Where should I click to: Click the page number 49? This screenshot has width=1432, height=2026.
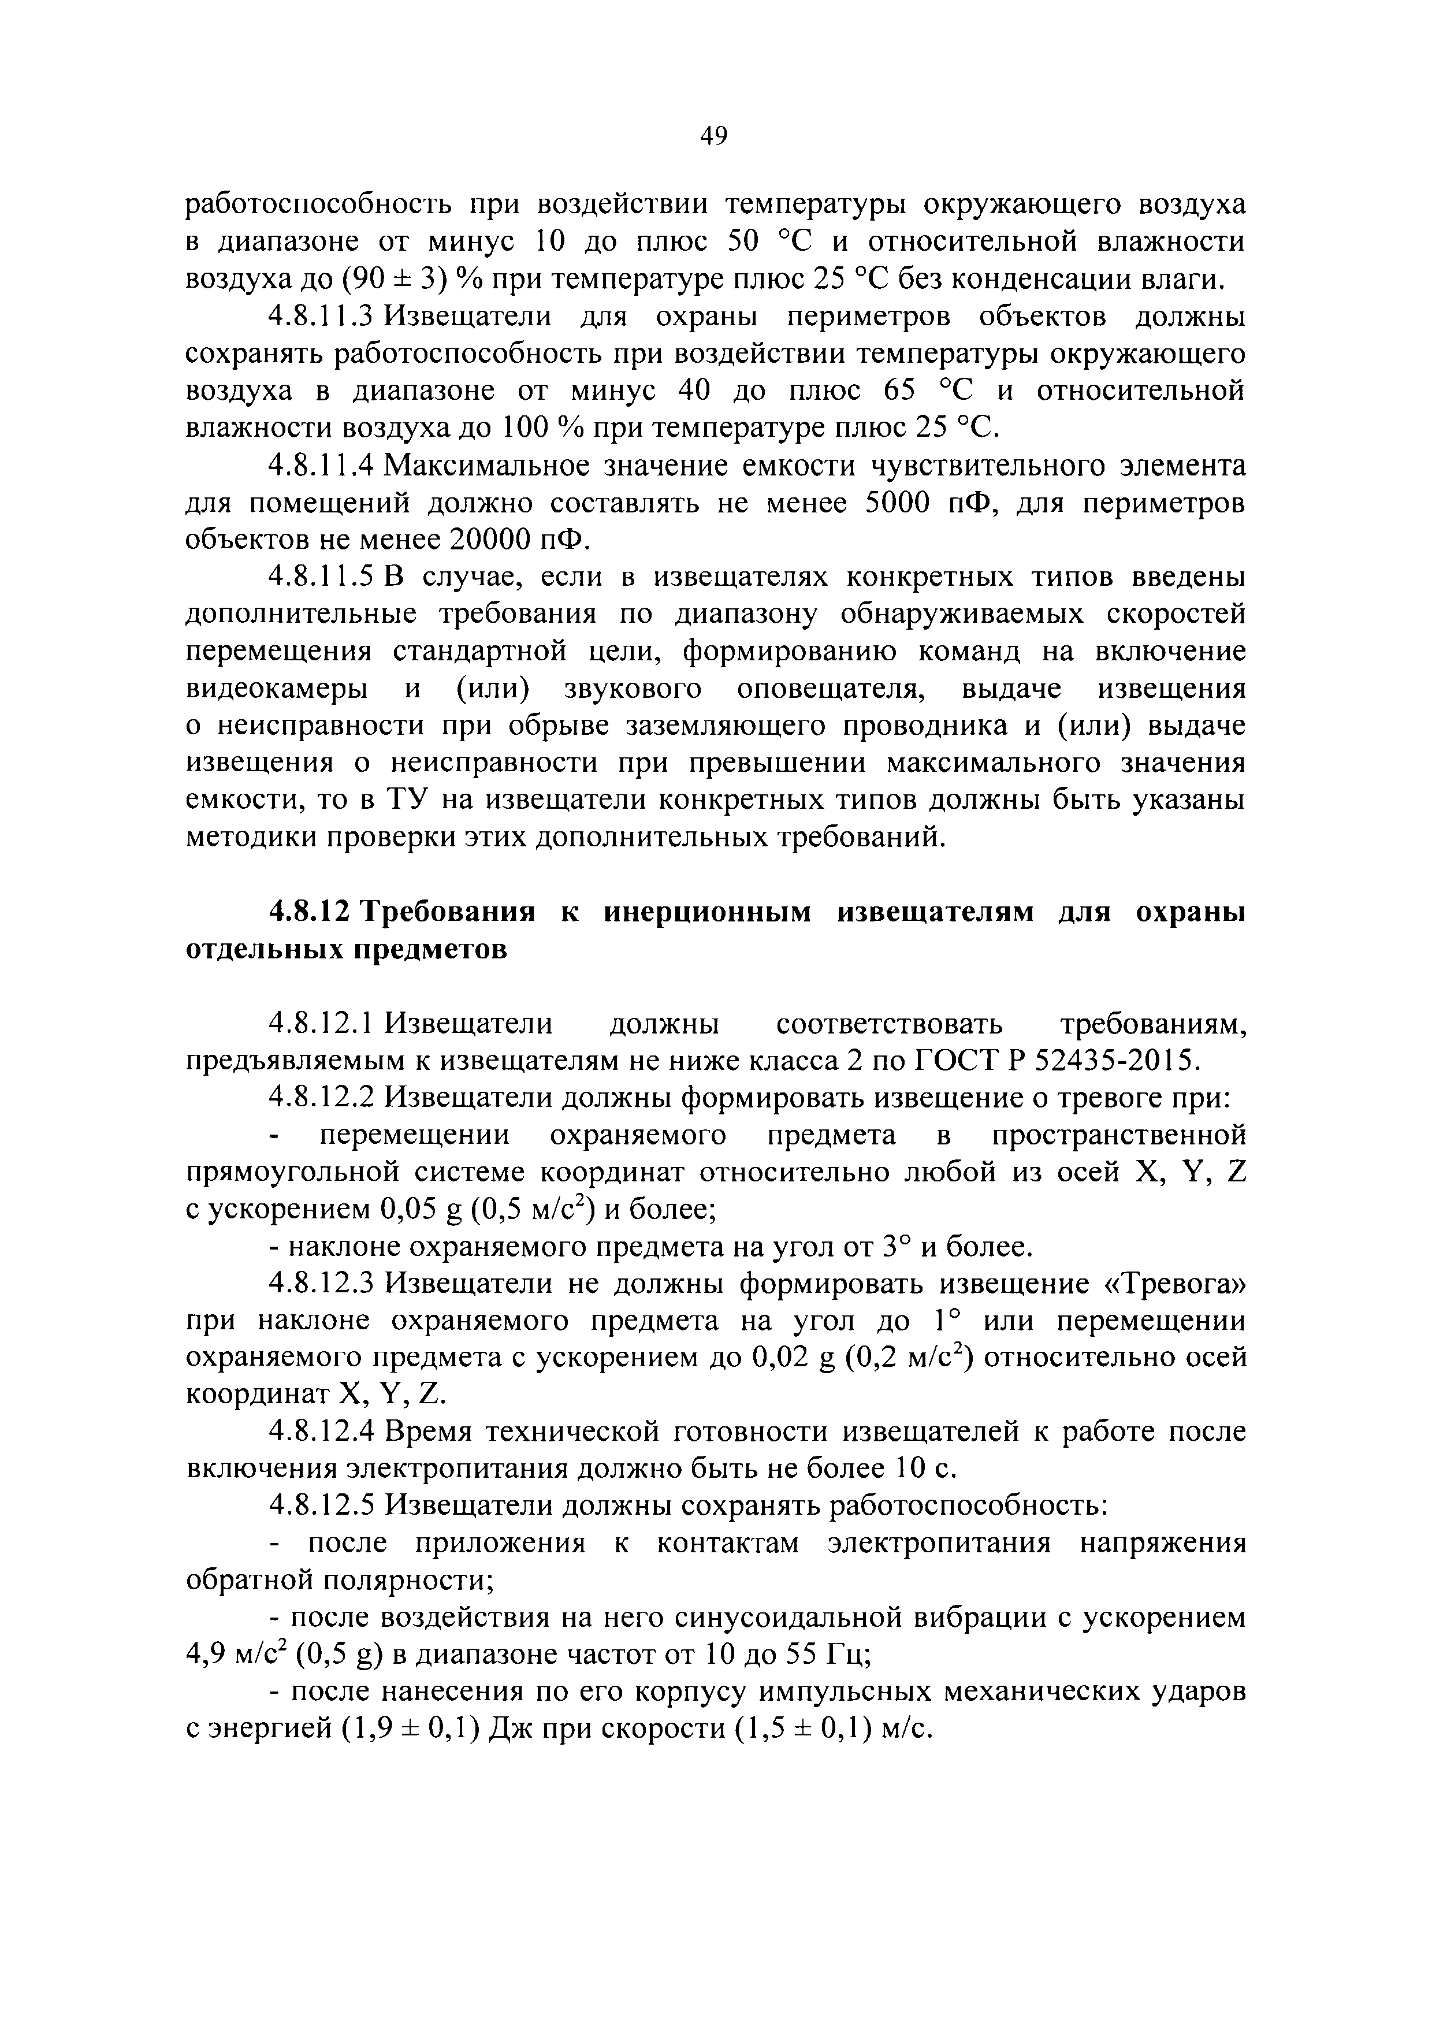tap(713, 136)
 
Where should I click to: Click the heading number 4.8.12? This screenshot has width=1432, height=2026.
tap(311, 912)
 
